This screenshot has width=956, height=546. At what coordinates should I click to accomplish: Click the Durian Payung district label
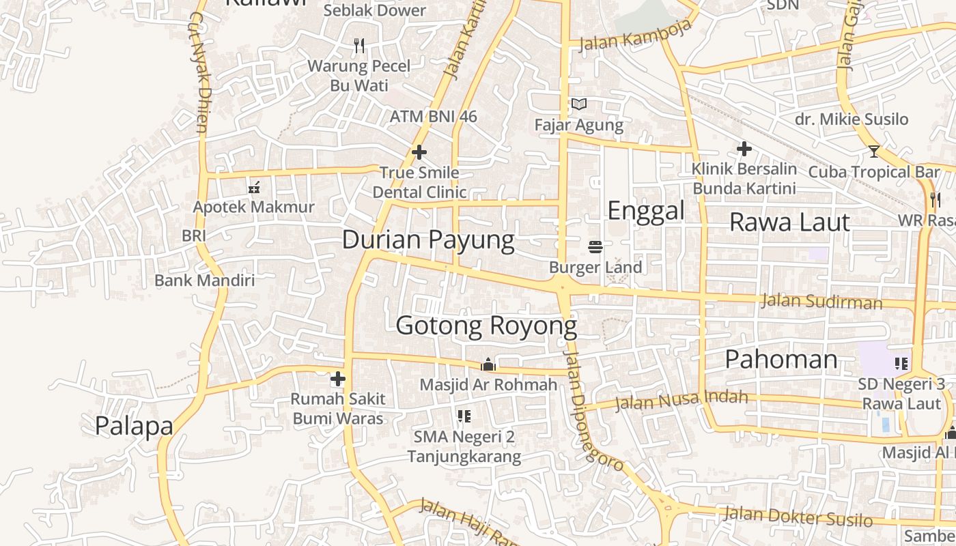[x=428, y=240]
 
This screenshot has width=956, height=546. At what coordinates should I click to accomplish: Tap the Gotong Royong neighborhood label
[x=486, y=326]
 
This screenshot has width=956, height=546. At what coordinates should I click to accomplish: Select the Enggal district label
[x=645, y=210]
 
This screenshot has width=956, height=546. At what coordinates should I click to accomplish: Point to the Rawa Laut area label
[x=789, y=222]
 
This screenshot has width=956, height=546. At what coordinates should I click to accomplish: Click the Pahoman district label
[x=781, y=359]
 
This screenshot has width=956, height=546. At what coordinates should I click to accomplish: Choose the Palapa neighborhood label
[x=134, y=426]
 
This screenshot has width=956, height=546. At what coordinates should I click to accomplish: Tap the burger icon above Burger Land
[x=595, y=246]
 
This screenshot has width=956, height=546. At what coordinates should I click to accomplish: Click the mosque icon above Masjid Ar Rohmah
[x=488, y=364]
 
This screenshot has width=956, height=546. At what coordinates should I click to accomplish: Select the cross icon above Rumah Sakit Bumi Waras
[x=338, y=379]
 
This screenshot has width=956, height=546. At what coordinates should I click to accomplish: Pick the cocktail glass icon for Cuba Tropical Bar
[x=873, y=152]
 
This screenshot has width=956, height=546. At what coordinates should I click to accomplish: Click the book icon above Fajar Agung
[x=579, y=104]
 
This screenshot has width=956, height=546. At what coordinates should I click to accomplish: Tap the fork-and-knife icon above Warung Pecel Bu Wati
[x=359, y=46]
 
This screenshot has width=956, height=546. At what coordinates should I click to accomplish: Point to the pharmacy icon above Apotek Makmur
[x=254, y=187]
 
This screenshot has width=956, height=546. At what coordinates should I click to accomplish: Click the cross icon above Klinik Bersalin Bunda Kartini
[x=744, y=148]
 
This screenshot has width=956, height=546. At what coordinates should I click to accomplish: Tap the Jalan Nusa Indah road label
[x=681, y=400]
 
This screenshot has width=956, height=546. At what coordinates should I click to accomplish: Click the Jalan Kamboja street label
[x=635, y=35]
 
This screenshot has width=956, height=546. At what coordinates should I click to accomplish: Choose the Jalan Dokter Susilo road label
[x=798, y=516]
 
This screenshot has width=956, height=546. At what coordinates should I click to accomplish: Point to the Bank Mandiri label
[x=204, y=280]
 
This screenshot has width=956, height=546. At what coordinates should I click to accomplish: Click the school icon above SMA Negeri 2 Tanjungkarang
[x=464, y=416]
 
